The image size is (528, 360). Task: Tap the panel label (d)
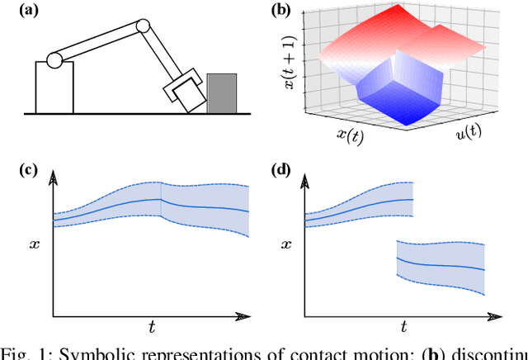pos(281,171)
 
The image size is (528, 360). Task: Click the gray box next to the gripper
pos(222,92)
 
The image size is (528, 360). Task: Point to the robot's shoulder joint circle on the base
pos(54,60)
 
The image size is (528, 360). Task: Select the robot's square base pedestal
pos(54,88)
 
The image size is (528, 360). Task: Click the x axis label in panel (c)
pos(35,245)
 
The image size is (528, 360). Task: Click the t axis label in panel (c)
pos(152,327)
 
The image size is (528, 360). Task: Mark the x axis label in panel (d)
pos(286,245)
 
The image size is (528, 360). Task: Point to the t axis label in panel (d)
pos(404,327)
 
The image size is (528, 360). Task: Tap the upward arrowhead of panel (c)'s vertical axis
pos(53,178)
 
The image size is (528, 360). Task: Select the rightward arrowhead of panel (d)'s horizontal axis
pos(497,315)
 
